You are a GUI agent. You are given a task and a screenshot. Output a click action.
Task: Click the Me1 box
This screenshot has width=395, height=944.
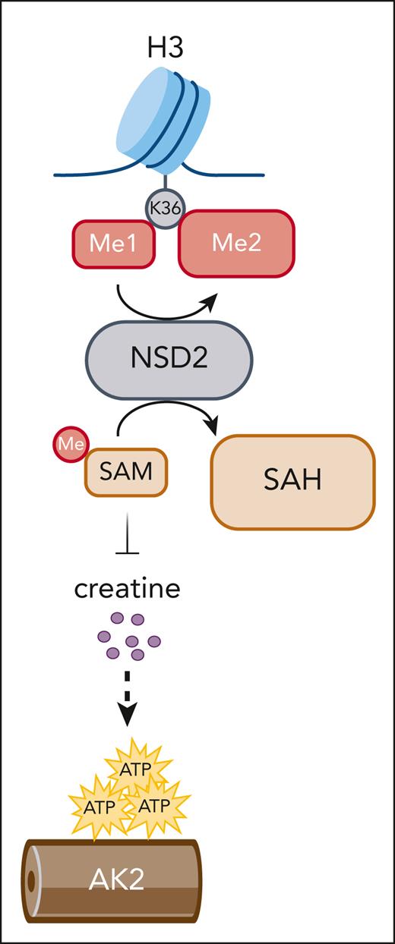pos(113,245)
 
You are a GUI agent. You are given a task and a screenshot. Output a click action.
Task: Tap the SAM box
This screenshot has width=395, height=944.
pos(125,472)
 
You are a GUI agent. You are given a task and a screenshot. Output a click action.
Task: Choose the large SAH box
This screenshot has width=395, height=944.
pos(293,482)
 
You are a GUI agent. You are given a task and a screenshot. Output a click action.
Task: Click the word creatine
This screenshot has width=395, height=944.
pos(127,588)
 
